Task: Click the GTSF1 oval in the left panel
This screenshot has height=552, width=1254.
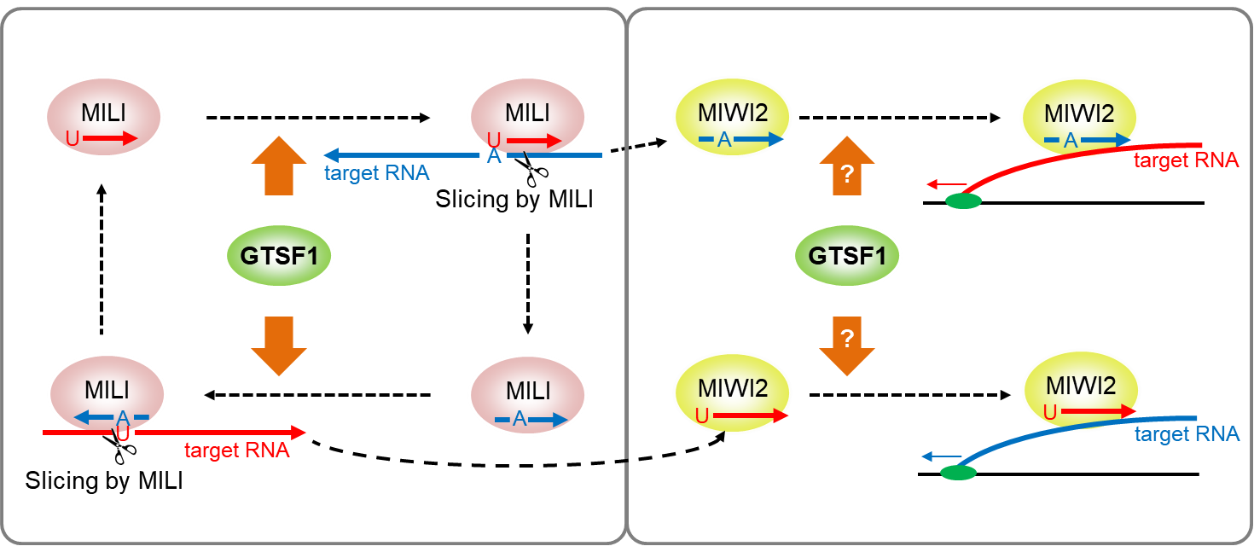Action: pyautogui.click(x=279, y=255)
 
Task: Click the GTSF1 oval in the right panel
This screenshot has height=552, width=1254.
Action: pyautogui.click(x=846, y=255)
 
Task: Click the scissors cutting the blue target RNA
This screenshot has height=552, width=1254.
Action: pyautogui.click(x=534, y=168)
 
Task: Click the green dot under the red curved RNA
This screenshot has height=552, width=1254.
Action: pyautogui.click(x=963, y=202)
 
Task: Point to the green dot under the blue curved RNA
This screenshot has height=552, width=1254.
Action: pyautogui.click(x=958, y=473)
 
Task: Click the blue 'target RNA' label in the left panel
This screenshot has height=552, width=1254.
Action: pyautogui.click(x=376, y=173)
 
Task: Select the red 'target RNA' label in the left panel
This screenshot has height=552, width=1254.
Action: pyautogui.click(x=237, y=450)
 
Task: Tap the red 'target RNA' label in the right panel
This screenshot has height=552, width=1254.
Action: pyautogui.click(x=1186, y=160)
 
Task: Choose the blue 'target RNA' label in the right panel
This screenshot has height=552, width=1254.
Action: pyautogui.click(x=1186, y=434)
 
